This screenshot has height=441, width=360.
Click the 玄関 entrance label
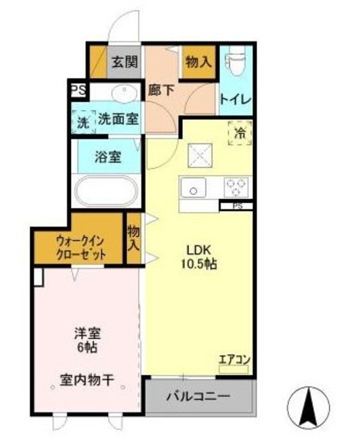[126, 61]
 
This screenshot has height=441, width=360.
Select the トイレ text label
[236, 99]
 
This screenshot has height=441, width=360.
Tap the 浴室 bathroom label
[108, 156]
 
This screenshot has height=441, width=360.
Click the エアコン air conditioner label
[233, 359]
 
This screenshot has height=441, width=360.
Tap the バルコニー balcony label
[197, 397]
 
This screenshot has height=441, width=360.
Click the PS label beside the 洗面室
[77, 90]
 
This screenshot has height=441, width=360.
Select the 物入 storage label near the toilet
[199, 61]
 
